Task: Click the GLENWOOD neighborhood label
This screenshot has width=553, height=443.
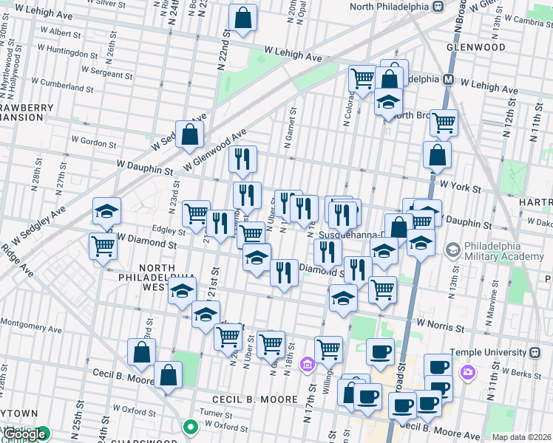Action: click(476, 47)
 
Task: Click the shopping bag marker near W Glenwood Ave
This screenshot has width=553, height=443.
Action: click(190, 134)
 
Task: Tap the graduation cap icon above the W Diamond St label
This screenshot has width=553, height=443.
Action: click(106, 211)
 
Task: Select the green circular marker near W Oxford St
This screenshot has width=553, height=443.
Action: click(191, 427)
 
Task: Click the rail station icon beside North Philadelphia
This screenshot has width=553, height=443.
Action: click(438, 7)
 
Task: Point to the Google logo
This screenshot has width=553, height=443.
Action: click(25, 435)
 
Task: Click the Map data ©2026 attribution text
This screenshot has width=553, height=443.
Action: click(521, 437)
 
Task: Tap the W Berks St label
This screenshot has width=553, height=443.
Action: click(523, 376)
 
